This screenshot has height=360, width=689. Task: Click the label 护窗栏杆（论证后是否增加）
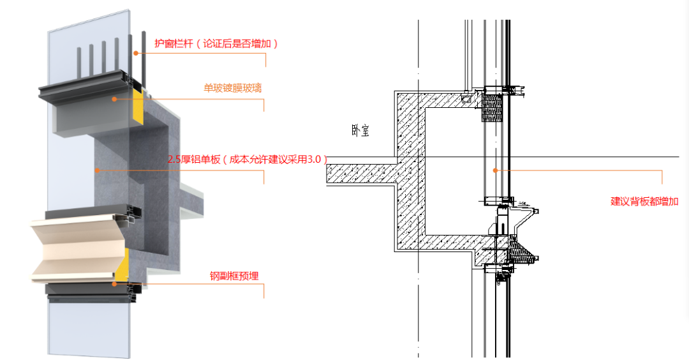[216, 44]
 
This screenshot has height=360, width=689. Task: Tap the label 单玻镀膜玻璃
[232, 89]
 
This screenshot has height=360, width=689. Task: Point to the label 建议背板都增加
[644, 201]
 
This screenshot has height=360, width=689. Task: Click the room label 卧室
[360, 131]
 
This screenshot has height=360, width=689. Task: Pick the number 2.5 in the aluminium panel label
[175, 160]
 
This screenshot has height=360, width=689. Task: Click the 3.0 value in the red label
[315, 160]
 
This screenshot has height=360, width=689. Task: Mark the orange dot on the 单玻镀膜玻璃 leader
[115, 98]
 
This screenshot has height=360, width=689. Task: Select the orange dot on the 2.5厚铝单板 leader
[97, 170]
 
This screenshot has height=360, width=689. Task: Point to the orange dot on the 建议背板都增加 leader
[495, 170]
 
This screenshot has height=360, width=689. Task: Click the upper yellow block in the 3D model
[138, 112]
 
